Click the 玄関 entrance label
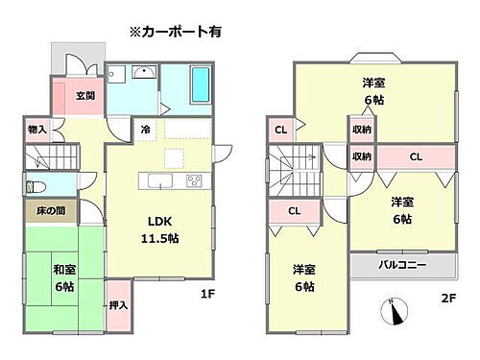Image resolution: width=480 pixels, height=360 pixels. click(84, 96)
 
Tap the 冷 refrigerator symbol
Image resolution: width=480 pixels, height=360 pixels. click(145, 129)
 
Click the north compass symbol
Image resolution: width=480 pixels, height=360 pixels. click(396, 312)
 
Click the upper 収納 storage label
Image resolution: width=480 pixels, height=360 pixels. click(362, 129)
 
